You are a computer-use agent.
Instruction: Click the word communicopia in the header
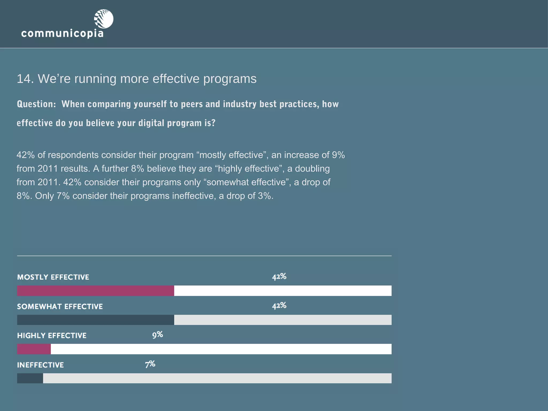tap(62, 34)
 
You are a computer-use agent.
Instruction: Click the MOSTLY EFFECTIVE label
tap(53, 277)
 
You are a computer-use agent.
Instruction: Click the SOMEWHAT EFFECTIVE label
tap(60, 307)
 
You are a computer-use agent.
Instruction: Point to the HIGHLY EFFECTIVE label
tap(52, 336)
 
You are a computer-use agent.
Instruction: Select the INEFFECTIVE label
tap(40, 365)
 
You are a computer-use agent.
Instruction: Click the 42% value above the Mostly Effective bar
tap(279, 276)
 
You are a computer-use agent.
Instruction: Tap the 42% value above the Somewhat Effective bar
tap(279, 306)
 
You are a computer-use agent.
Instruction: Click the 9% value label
tap(158, 335)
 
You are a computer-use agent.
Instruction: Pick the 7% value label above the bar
tap(150, 364)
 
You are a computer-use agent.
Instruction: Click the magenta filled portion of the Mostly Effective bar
tap(96, 291)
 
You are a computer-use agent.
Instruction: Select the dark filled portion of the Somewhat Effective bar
tap(96, 320)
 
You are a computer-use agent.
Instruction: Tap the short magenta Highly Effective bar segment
tap(34, 349)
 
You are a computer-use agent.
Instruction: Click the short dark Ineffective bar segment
tap(30, 378)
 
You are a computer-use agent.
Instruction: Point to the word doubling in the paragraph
tap(312, 169)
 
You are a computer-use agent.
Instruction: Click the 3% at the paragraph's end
tap(264, 196)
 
